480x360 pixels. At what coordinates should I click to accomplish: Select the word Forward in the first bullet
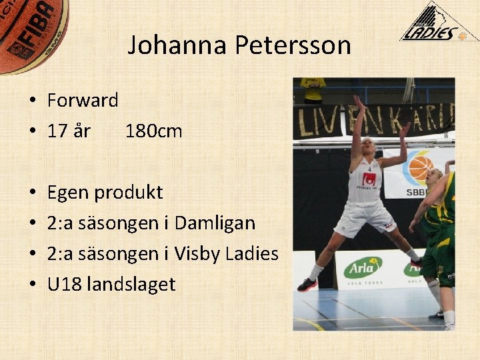click(x=83, y=101)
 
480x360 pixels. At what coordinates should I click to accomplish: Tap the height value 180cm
click(x=153, y=131)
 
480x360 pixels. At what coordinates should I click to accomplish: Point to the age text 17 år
click(x=69, y=131)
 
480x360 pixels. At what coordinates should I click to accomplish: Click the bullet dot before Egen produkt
click(x=32, y=193)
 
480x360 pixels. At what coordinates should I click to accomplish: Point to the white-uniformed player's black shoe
click(x=307, y=285)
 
